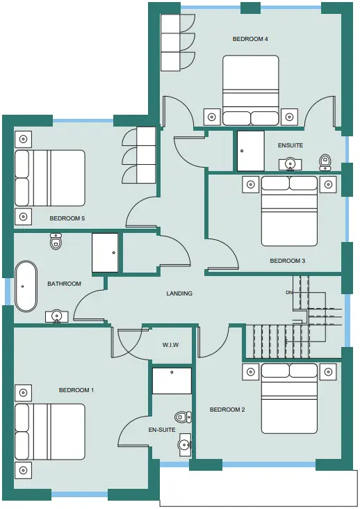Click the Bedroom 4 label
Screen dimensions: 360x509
(x=250, y=39)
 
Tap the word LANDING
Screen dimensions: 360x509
(x=179, y=293)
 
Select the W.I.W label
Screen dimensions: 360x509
(x=170, y=345)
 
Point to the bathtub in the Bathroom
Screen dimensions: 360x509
(x=26, y=286)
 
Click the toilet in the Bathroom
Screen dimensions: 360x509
(x=56, y=241)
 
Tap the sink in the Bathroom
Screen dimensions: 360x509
(x=57, y=316)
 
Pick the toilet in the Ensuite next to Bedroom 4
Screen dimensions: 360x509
(x=325, y=162)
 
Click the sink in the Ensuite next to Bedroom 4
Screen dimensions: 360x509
(x=291, y=164)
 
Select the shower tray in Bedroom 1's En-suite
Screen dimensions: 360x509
(x=172, y=381)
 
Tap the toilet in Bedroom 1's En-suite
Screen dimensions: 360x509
(x=183, y=417)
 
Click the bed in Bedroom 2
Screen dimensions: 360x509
(x=289, y=398)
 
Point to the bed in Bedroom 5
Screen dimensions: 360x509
(x=50, y=178)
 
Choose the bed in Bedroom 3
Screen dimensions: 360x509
(x=289, y=211)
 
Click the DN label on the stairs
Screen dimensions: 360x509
(x=289, y=293)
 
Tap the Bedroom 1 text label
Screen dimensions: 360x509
(x=76, y=390)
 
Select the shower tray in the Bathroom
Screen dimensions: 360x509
(x=105, y=252)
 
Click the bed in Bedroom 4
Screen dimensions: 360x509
(x=251, y=90)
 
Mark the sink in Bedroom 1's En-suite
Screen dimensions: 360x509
(x=185, y=444)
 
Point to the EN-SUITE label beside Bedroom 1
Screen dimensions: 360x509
(x=162, y=430)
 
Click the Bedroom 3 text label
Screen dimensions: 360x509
(x=287, y=261)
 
